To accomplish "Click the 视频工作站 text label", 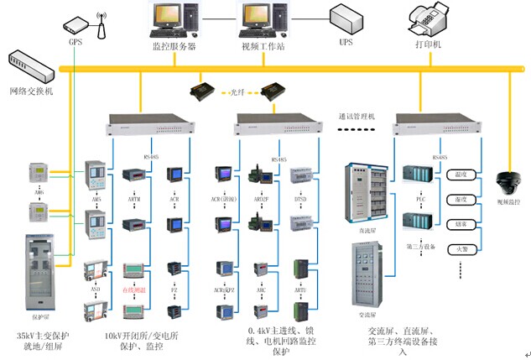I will pyautogui.click(x=263, y=46).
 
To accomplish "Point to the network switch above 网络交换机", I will pyautogui.click(x=30, y=64).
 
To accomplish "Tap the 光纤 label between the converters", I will pyautogui.click(x=237, y=93).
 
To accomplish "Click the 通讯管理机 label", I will pyautogui.click(x=357, y=116).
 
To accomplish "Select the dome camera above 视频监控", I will pyautogui.click(x=508, y=184).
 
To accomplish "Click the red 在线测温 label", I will pyautogui.click(x=135, y=290).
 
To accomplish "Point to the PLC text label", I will pyautogui.click(x=417, y=200).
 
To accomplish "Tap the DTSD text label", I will pyautogui.click(x=300, y=200).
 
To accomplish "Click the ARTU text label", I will pyautogui.click(x=300, y=290).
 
